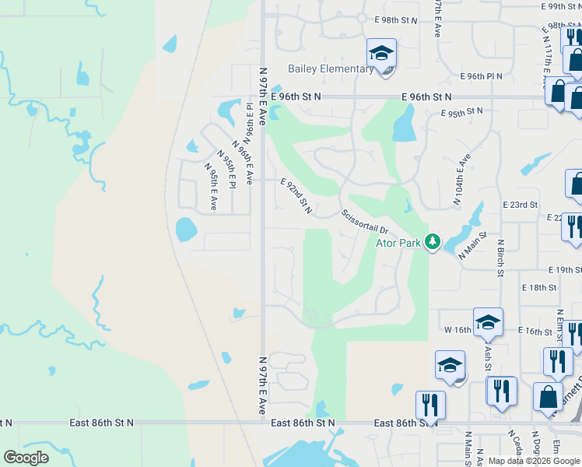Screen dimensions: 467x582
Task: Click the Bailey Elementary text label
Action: pos(331,68)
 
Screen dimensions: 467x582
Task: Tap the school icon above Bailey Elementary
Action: pos(381,53)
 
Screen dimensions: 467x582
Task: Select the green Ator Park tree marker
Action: pos(433,242)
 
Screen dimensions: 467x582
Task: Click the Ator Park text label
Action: pos(399,243)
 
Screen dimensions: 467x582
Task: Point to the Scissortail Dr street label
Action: pos(364,221)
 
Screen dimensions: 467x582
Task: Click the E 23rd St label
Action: pos(521,205)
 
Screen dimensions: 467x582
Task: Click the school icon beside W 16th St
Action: pos(488,322)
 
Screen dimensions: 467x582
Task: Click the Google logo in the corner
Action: pos(26,457)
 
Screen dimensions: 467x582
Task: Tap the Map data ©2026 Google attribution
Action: pos(534,461)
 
